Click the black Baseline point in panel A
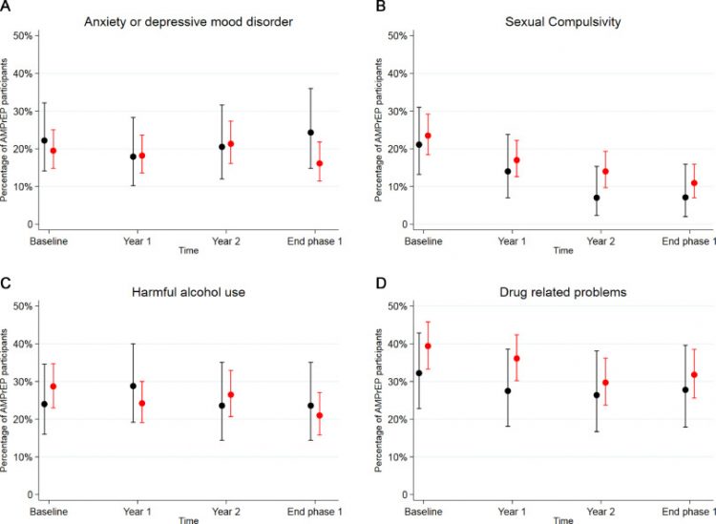[x=44, y=140]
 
